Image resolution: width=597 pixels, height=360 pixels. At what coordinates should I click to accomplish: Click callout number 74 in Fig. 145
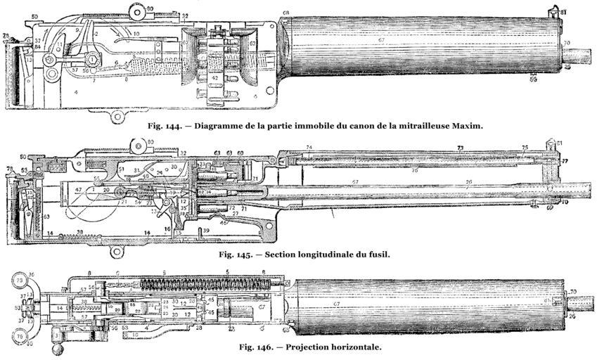coord(309,147)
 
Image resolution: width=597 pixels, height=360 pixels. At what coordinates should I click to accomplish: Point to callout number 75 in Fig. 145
coord(525,148)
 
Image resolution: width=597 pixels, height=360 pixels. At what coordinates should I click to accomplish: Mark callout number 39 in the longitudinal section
coord(206,231)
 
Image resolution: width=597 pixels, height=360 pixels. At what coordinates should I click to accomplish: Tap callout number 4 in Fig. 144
coord(75,92)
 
